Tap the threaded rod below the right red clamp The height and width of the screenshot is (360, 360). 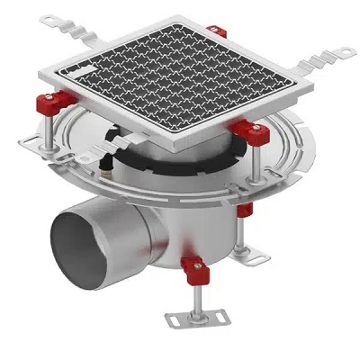[x=258, y=171]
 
